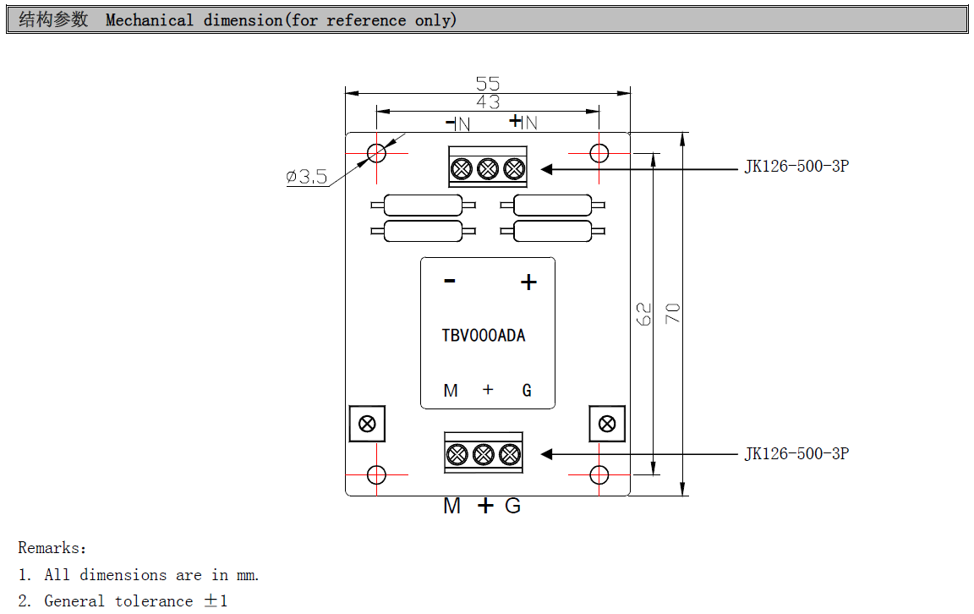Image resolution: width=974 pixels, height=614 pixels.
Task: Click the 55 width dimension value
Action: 488,84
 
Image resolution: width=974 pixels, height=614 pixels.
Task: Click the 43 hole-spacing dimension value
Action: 488,102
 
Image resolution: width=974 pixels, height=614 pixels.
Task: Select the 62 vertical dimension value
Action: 644,314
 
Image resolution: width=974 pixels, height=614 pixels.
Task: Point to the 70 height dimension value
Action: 673,314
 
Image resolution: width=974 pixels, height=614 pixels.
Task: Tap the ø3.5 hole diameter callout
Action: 306,177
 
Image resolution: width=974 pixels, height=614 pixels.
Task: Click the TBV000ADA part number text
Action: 484,336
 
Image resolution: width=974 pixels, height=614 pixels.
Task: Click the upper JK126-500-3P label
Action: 796,167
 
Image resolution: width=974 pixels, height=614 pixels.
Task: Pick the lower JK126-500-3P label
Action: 796,454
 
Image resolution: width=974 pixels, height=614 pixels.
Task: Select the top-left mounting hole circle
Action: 377,153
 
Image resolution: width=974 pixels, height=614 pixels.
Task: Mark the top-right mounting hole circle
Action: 599,153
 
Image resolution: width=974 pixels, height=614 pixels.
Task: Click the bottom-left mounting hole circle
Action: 377,475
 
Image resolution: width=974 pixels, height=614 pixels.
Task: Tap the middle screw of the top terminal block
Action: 487,169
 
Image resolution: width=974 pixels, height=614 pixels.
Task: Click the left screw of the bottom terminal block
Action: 457,455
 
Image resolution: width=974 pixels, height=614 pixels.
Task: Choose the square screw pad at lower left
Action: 367,424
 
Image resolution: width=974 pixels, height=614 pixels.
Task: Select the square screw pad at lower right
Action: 607,424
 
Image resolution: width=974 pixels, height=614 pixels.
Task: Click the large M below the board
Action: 452,507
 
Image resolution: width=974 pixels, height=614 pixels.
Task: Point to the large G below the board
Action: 513,507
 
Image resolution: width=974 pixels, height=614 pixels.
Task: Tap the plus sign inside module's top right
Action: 528,282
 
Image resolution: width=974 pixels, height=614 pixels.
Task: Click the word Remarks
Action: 49,549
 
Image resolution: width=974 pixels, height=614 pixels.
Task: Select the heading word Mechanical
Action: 150,20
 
